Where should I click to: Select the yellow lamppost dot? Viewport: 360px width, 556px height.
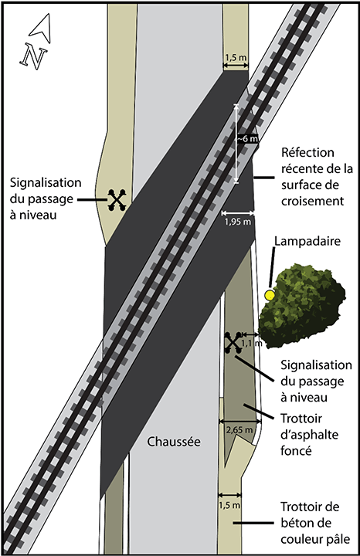[x=270, y=295]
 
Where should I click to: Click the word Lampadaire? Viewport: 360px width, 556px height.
[x=307, y=241]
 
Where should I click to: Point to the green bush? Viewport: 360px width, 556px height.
[x=301, y=306]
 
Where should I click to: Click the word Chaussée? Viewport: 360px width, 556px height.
[x=174, y=442]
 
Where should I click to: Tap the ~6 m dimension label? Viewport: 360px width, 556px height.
[x=247, y=139]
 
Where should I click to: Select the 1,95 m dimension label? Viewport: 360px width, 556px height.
[x=238, y=222]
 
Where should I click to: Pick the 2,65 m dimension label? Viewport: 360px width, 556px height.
[x=239, y=430]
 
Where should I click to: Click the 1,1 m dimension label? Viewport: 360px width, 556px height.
[x=252, y=343]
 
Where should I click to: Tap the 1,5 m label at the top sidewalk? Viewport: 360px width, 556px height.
[x=236, y=57]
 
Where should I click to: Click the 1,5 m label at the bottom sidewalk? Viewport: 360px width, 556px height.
[x=229, y=505]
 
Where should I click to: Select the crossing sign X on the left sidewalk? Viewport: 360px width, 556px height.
[x=117, y=200]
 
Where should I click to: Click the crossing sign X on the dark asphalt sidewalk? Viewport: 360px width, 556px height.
[x=233, y=343]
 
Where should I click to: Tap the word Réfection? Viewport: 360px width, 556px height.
[x=308, y=152]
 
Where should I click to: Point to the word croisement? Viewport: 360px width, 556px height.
[x=313, y=201]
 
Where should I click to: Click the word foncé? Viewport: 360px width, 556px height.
[x=296, y=451]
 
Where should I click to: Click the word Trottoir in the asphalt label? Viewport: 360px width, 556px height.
[x=301, y=419]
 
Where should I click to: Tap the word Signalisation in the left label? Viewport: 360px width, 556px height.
[x=46, y=183]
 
